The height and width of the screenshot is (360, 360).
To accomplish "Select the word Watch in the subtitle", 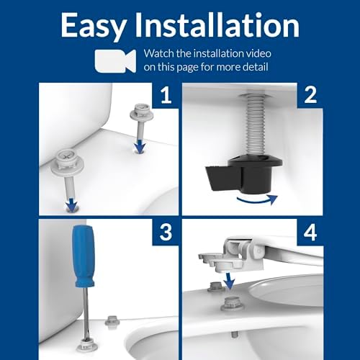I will [159, 53].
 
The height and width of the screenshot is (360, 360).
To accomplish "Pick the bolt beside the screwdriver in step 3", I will [112, 320].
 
